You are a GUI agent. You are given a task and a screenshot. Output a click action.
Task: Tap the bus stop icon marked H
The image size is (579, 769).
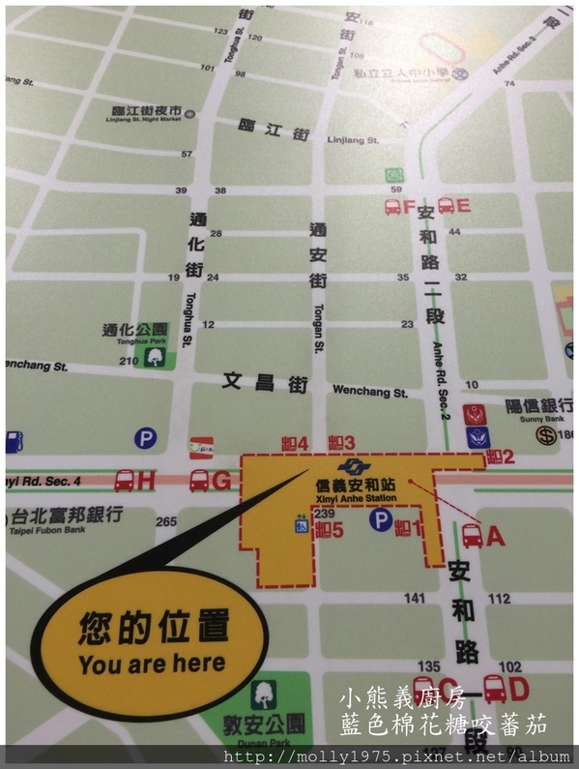125,480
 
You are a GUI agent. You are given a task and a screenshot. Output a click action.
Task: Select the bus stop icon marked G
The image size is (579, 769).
199,480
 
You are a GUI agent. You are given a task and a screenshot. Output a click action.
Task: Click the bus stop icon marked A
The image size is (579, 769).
473,534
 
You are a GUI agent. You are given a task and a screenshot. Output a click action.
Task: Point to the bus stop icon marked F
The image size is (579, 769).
393,206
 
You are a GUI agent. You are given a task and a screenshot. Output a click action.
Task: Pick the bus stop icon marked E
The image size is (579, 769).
446,205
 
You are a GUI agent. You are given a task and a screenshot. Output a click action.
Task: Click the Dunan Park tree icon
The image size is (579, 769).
263,695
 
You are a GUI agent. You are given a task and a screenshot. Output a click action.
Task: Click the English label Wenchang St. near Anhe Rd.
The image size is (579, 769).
369,392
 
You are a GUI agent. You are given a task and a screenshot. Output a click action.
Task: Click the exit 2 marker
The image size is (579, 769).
500,456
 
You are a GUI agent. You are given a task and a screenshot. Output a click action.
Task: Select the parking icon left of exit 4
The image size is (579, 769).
146,439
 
